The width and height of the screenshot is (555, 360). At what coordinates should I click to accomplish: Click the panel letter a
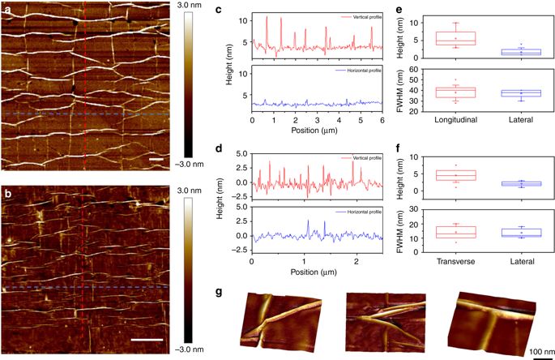(7, 9)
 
